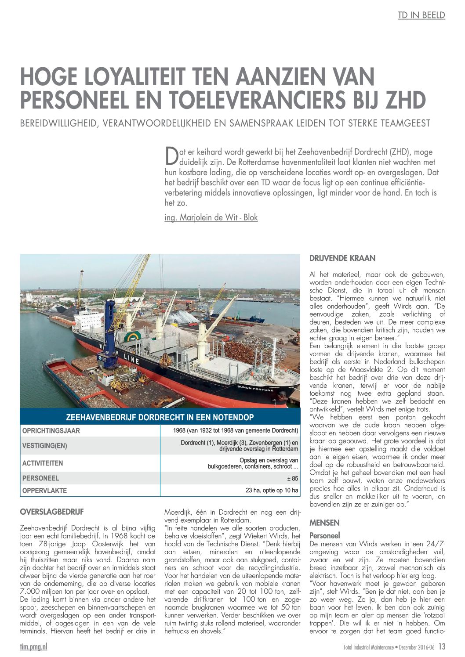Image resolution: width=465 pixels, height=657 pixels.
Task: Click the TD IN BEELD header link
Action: (x=421, y=15)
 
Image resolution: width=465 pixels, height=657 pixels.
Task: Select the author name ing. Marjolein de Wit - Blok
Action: (x=211, y=217)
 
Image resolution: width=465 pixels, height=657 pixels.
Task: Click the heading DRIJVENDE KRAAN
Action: (x=342, y=258)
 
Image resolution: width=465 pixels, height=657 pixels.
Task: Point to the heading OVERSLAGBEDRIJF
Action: (x=52, y=512)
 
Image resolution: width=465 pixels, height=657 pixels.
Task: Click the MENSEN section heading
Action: (x=324, y=523)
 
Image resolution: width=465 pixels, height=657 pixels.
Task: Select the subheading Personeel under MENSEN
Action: (x=324, y=536)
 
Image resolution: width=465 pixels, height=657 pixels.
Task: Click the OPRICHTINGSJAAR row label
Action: (x=51, y=431)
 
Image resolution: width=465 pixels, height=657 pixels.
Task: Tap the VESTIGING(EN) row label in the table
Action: (x=45, y=446)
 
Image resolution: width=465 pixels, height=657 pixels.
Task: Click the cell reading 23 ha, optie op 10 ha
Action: (x=272, y=490)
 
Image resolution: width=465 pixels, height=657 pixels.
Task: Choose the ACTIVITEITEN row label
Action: (x=43, y=463)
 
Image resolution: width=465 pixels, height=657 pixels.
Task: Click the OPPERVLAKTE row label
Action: (x=44, y=491)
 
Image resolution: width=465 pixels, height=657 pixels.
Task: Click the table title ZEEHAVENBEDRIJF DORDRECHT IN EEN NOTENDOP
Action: (x=160, y=417)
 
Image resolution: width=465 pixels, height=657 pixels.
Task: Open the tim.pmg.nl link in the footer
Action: (x=33, y=646)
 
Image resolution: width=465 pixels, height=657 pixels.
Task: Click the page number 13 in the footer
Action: (x=441, y=646)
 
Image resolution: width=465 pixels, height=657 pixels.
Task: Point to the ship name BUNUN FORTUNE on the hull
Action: (x=255, y=388)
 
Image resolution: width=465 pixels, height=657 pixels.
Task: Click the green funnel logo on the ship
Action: (x=133, y=337)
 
